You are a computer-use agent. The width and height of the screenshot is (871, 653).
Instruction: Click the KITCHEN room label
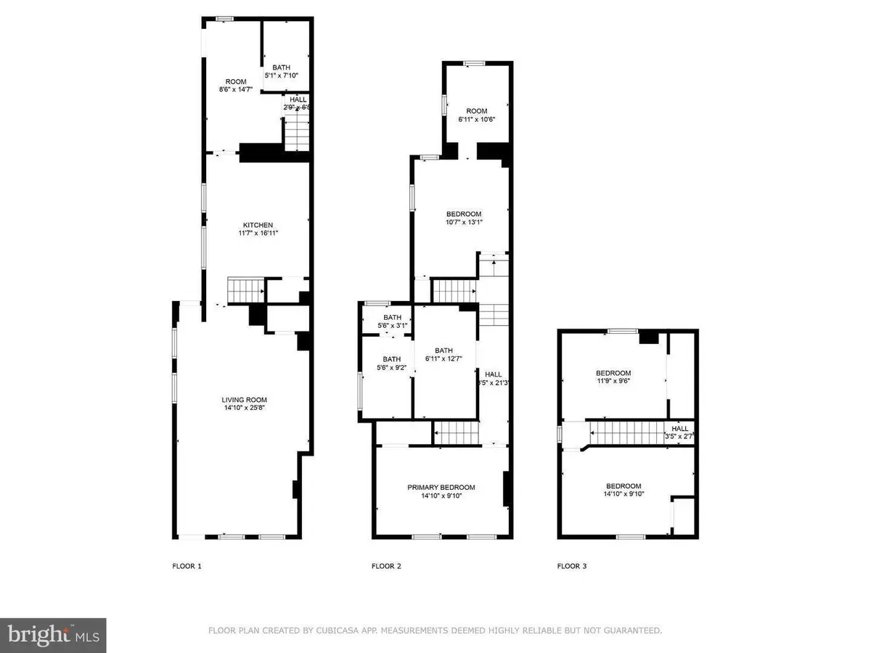coord(258,225)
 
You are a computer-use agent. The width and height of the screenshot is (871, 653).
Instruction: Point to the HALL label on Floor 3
coord(679,428)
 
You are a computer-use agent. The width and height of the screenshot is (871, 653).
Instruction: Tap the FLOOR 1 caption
coord(187,566)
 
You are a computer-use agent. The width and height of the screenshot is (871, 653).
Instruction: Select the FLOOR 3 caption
coord(572,566)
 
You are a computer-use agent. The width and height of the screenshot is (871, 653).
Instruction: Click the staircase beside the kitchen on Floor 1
coord(245,291)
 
